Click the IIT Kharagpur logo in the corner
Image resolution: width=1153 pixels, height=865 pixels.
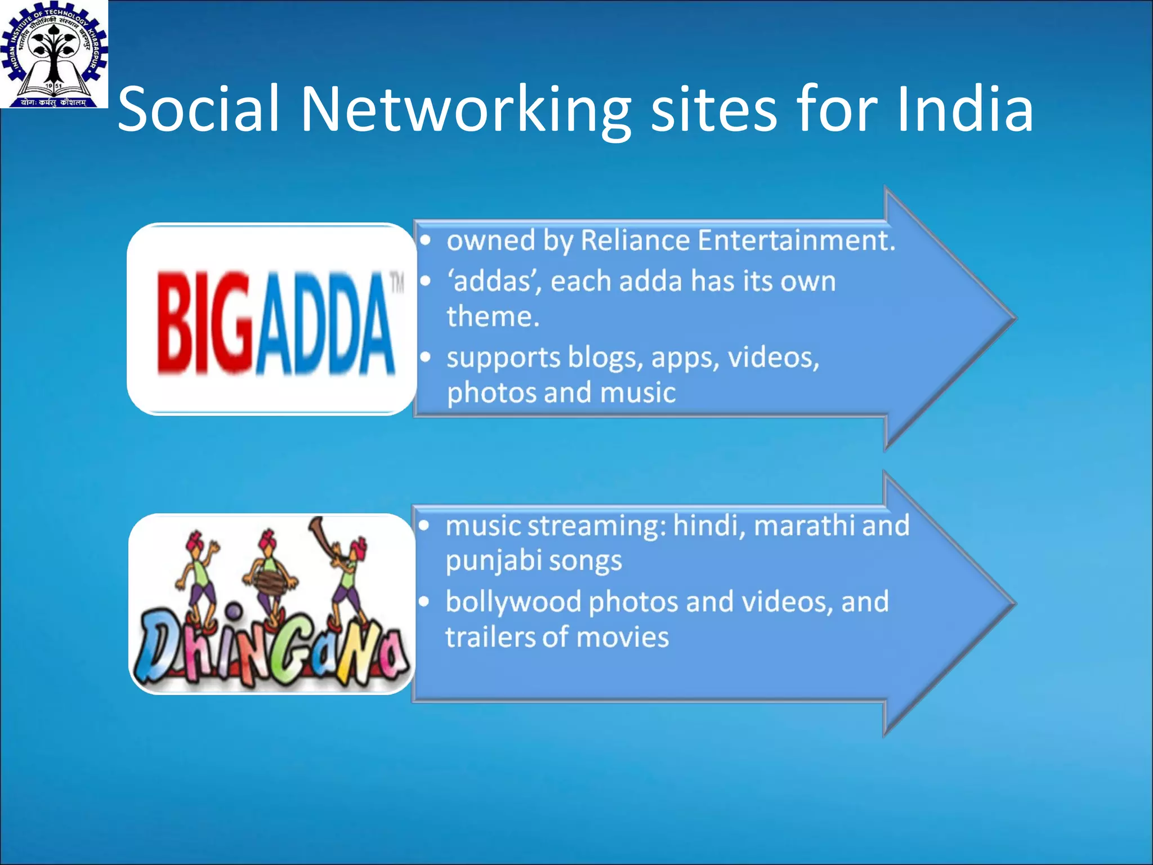(53, 53)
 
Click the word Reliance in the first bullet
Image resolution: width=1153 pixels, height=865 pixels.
(635, 240)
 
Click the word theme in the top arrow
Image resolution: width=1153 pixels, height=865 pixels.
(492, 316)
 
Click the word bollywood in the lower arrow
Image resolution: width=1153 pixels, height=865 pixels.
(513, 603)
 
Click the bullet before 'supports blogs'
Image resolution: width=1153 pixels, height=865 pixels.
(426, 357)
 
